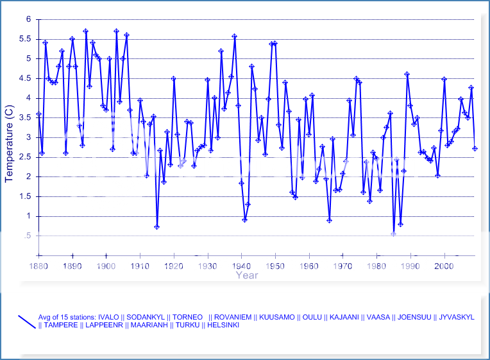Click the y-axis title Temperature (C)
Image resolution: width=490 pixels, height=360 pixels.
[x=9, y=137]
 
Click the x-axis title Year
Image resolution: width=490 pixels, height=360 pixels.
[x=246, y=275]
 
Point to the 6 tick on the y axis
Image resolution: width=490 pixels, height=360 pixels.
[x=28, y=19]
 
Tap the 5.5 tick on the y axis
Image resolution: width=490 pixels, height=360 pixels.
[x=25, y=39]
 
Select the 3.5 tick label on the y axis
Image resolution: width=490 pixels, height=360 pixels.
[x=25, y=118]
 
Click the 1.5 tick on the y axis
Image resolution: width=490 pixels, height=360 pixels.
[x=25, y=196]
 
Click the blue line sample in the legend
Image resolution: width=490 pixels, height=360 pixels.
[x=28, y=321]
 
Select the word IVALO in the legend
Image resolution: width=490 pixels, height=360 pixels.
[x=112, y=317]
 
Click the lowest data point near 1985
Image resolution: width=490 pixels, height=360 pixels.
[x=393, y=234]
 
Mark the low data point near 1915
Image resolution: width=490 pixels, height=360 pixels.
[x=156, y=227]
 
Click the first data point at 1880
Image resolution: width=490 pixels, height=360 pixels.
[x=38, y=114]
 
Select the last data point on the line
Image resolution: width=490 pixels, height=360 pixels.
[x=475, y=148]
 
